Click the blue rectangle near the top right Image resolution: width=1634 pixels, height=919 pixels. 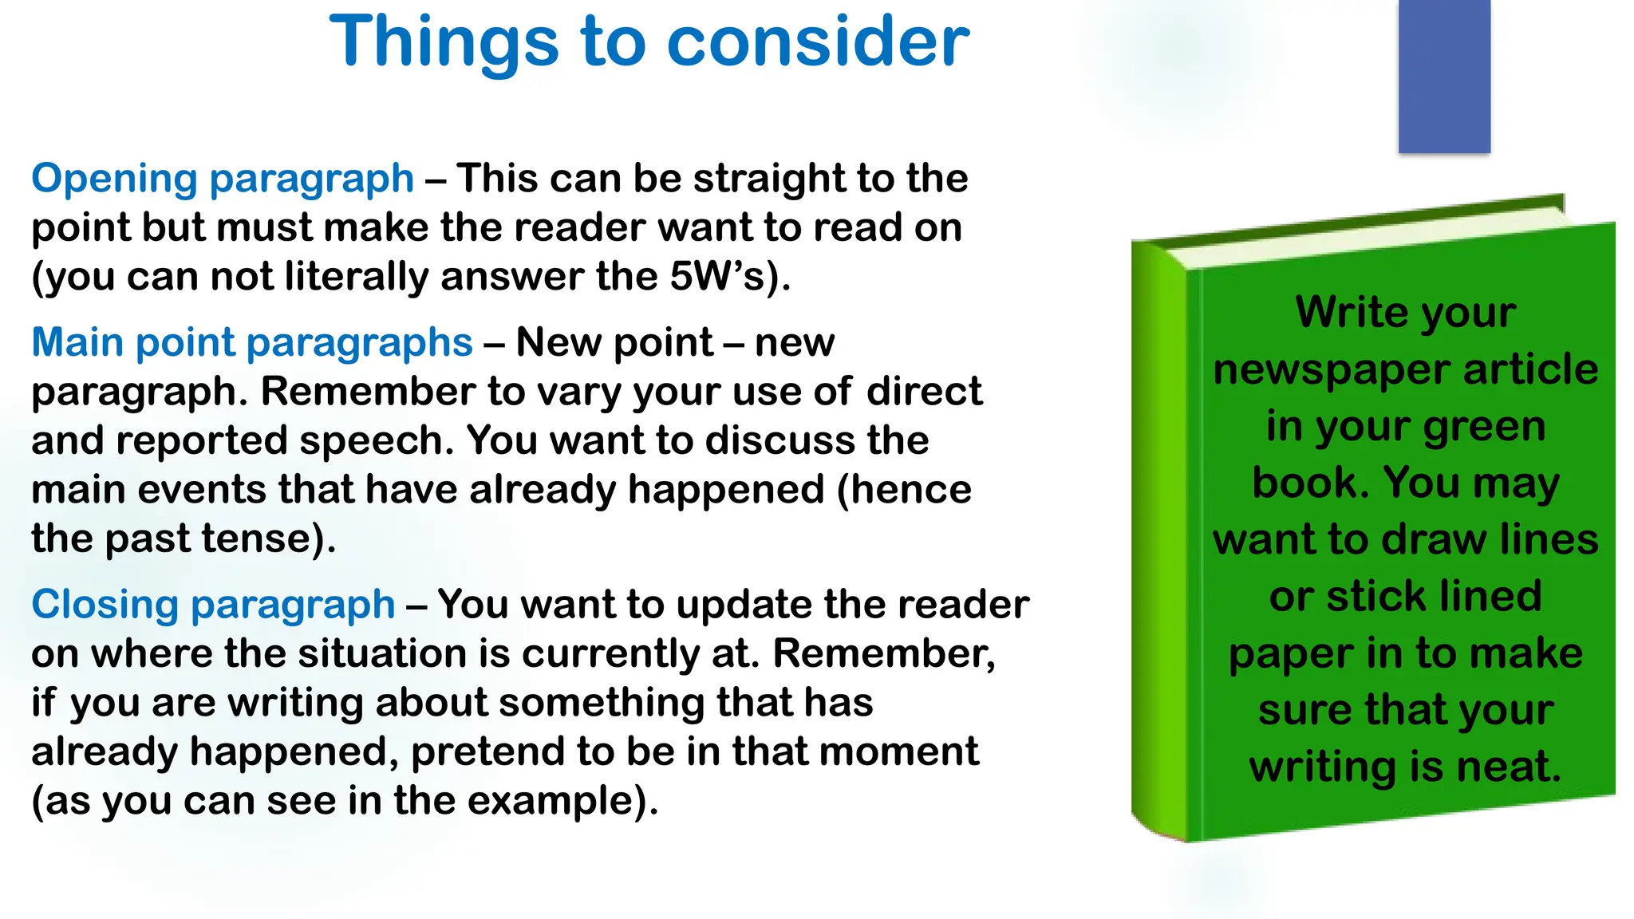[1444, 76]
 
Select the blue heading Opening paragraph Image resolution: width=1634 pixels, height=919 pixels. [223, 179]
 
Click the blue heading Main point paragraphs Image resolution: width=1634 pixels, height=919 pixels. [252, 343]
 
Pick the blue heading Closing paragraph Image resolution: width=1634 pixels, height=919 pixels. [213, 605]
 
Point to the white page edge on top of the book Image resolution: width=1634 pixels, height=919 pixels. [1372, 236]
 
